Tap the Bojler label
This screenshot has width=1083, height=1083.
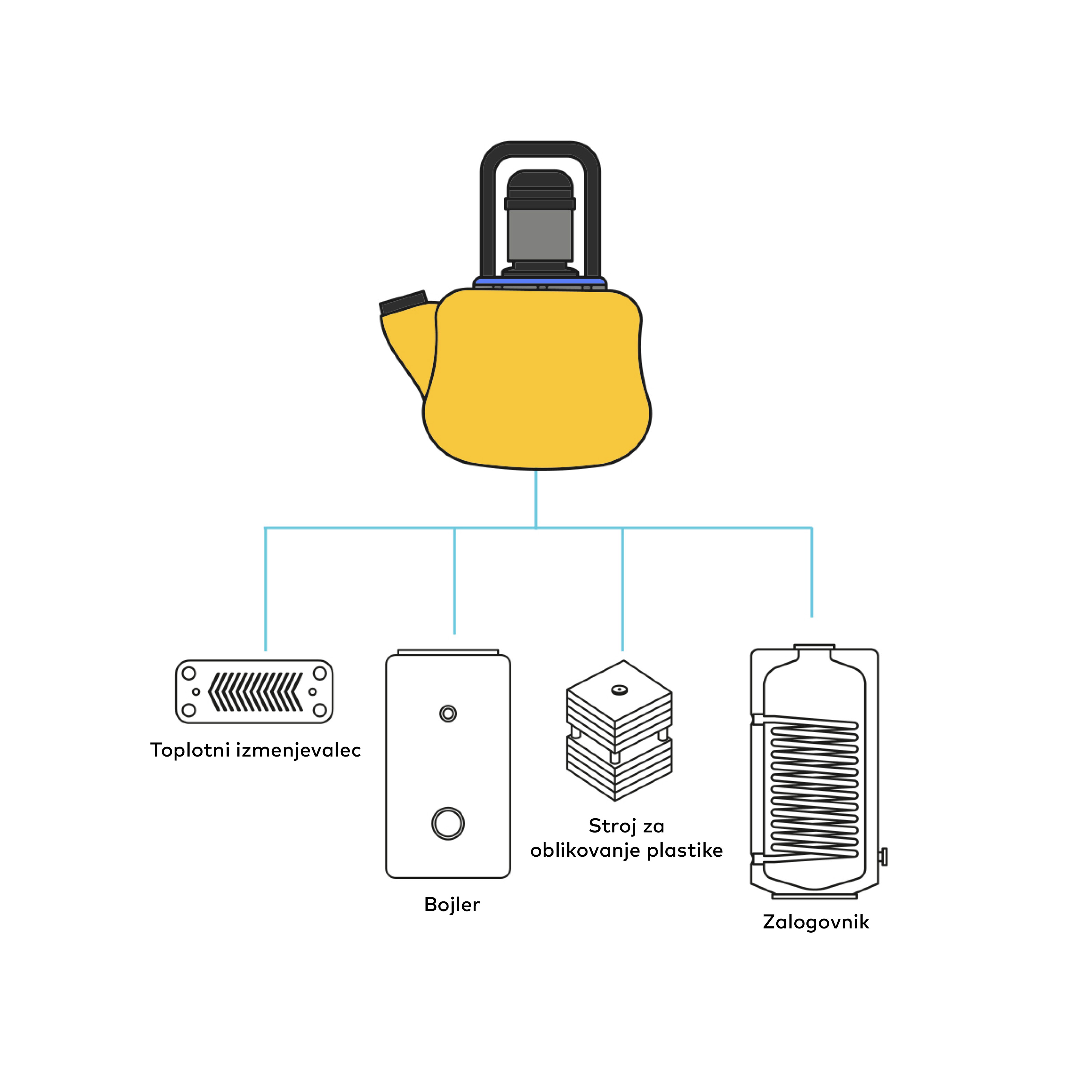coord(452,904)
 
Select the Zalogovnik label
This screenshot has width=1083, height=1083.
coord(815,922)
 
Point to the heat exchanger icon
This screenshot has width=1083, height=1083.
coord(254,692)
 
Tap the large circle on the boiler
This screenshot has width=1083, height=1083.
coord(448,823)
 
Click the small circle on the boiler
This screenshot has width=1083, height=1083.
coord(448,714)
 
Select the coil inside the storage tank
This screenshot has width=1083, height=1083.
coord(814,791)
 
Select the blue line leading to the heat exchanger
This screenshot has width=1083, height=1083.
coord(265,588)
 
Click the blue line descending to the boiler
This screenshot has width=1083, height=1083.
coord(455,580)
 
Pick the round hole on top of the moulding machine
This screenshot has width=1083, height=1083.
coord(619,690)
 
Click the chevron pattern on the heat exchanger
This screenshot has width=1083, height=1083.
coord(255,692)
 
